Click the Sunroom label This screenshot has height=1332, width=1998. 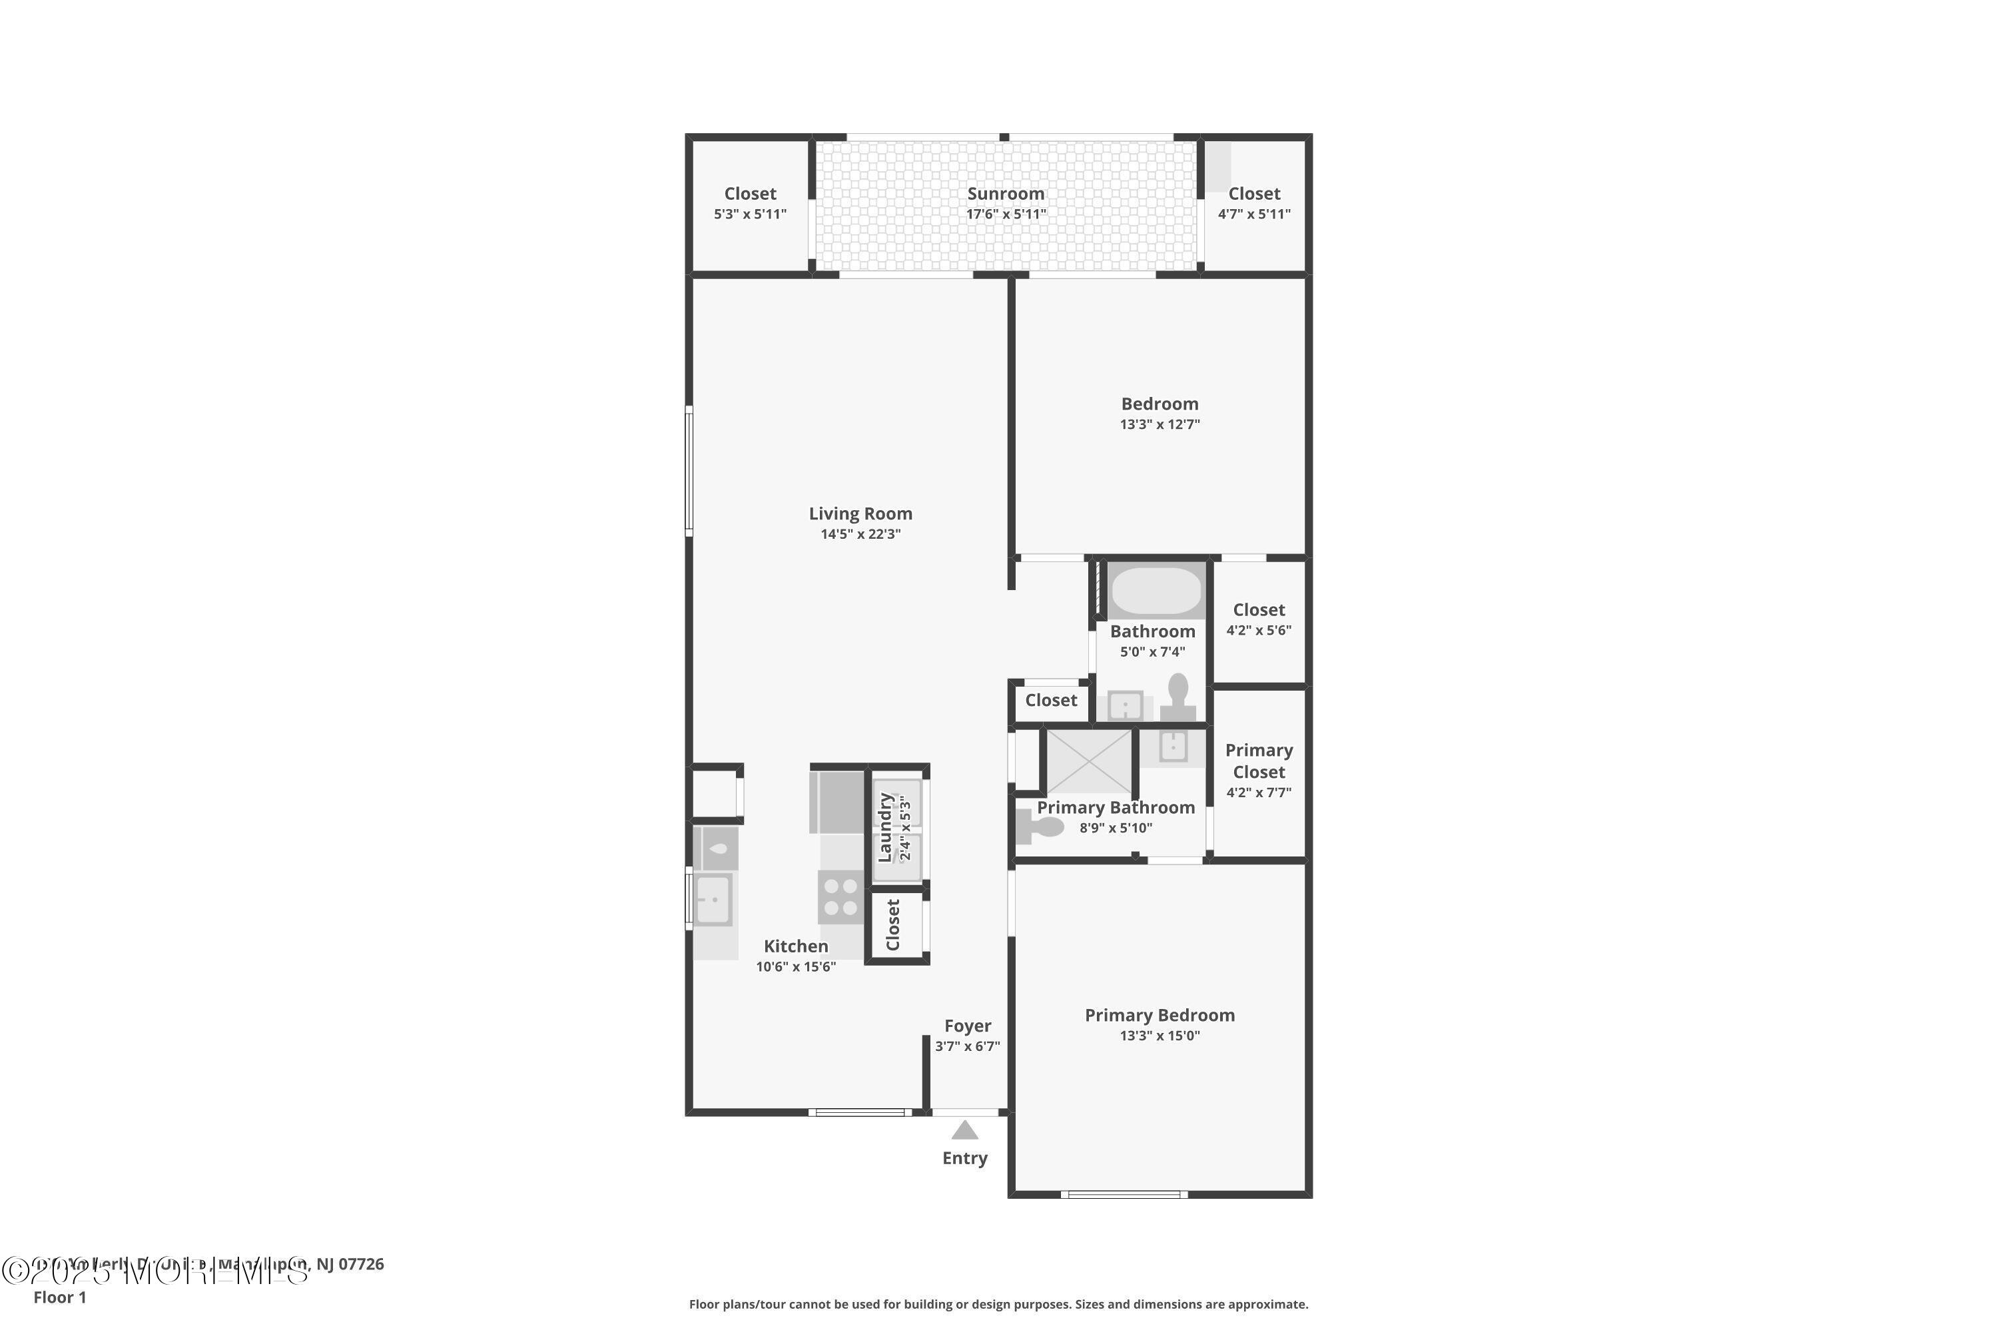click(1005, 194)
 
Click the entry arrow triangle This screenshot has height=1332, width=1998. click(964, 1130)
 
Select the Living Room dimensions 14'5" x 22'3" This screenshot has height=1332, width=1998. click(860, 534)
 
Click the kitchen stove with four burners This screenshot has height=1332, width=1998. click(840, 897)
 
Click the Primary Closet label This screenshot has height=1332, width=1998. click(1258, 761)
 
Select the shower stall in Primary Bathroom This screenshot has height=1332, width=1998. click(1088, 761)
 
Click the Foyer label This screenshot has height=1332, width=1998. click(967, 1026)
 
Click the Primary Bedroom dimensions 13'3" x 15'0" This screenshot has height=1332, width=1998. click(1159, 1036)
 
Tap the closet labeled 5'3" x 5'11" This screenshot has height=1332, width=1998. click(749, 204)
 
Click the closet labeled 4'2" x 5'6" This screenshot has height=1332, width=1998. click(1258, 619)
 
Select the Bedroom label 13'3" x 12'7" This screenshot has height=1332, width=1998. click(1159, 413)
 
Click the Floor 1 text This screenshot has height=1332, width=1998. click(59, 1297)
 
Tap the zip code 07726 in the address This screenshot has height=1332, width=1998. click(361, 1264)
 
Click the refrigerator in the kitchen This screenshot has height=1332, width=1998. click(836, 802)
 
